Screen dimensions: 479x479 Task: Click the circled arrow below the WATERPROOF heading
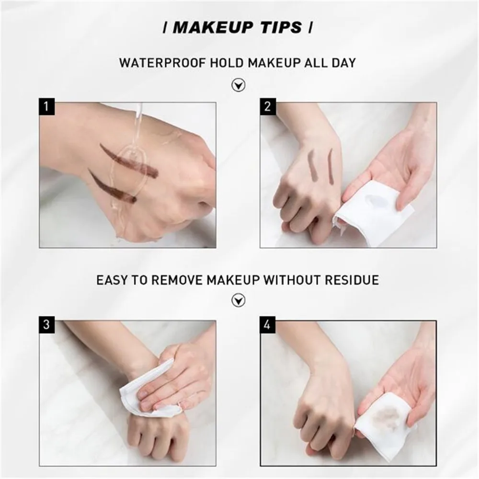pos(238,86)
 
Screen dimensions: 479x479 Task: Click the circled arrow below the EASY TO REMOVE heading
pos(238,300)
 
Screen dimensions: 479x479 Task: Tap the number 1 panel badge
pos(46,106)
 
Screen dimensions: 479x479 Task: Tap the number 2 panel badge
pos(267,106)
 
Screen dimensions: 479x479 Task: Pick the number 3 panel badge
pos(46,324)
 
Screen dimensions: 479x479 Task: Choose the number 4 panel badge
pos(267,324)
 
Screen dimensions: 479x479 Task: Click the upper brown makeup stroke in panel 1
pos(129,160)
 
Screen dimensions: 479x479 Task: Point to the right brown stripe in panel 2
pos(331,166)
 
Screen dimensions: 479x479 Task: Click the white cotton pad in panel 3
pos(144,390)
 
